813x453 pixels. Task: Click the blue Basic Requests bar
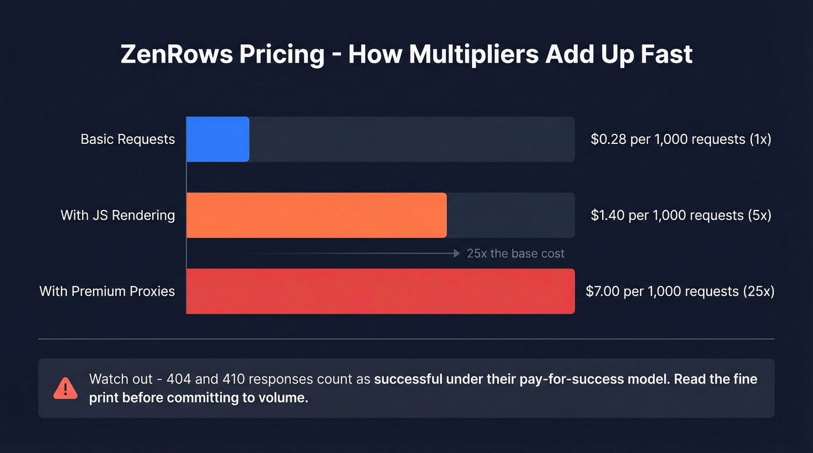[x=218, y=139]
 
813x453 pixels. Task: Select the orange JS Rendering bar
[x=316, y=215]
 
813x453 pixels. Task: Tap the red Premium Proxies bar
[x=380, y=291]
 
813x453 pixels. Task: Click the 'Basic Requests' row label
[x=128, y=139]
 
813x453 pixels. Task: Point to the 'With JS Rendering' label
[x=118, y=215]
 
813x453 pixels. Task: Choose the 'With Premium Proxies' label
[x=107, y=291]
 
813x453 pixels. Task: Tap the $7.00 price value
[x=602, y=291]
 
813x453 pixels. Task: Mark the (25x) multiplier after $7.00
[x=758, y=291]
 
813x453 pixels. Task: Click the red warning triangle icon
[x=65, y=388]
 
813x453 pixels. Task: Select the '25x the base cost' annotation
[x=516, y=253]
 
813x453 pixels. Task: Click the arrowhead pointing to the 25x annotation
[x=457, y=253]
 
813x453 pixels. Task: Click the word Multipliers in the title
[x=473, y=55]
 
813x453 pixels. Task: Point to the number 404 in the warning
[x=178, y=379]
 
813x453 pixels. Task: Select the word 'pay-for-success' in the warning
[x=552, y=379]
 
